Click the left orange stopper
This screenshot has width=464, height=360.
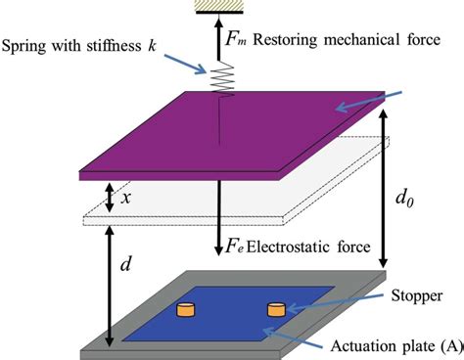point(185,311)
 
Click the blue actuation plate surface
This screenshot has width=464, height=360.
point(225,323)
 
